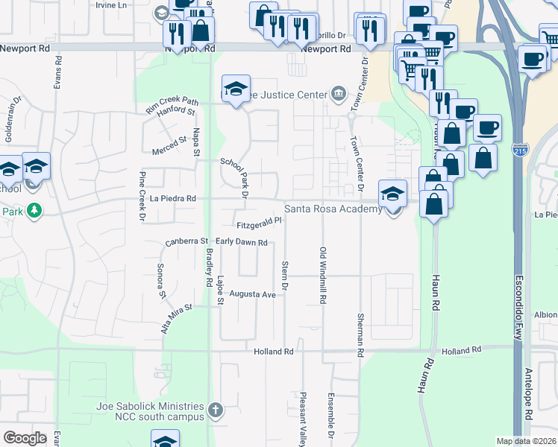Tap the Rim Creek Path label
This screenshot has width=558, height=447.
tap(172, 107)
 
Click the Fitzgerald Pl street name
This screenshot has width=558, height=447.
tap(258, 221)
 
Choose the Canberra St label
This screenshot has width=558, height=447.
tap(186, 241)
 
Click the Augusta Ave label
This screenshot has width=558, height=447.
tap(253, 294)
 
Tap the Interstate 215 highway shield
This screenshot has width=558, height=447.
tap(519, 152)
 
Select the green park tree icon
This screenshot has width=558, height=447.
tap(34, 211)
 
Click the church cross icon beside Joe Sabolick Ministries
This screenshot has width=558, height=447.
tap(215, 409)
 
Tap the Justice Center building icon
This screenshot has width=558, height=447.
tap(339, 94)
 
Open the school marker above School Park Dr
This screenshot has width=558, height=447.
tap(236, 89)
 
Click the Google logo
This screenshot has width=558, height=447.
tap(25, 437)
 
